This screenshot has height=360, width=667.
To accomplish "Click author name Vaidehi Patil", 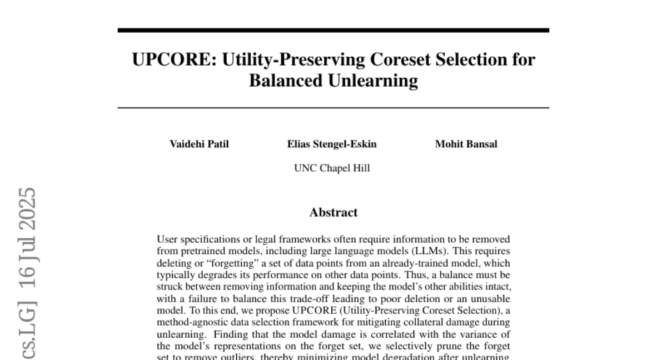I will tap(199, 144).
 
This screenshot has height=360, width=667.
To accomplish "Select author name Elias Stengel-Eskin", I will tap(332, 144).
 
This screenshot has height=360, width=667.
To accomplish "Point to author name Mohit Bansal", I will tap(466, 144).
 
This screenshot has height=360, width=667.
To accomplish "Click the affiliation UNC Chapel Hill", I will tap(332, 168).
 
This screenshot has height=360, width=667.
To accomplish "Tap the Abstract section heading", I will tap(333, 212).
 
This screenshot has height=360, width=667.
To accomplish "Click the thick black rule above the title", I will tap(333, 30).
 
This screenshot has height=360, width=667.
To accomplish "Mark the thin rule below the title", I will tap(333, 108).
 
